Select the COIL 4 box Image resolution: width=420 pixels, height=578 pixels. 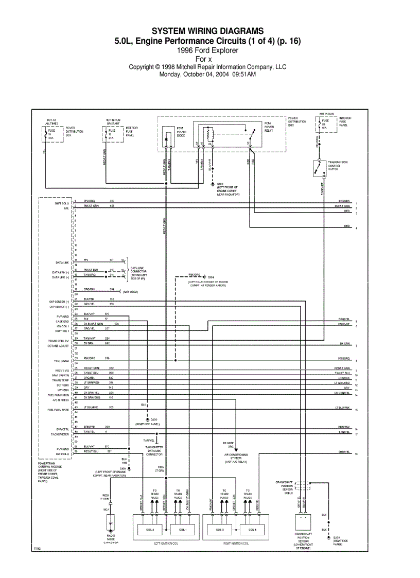(252, 530)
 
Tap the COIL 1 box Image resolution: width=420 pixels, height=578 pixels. (183, 530)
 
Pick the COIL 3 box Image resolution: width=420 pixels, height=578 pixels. (219, 530)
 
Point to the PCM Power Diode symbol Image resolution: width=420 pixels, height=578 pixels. (167, 139)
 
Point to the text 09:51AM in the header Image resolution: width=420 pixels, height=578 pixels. (244, 74)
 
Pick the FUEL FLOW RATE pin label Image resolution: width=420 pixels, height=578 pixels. (58, 410)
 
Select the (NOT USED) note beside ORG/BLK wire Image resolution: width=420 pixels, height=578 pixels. (130, 292)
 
